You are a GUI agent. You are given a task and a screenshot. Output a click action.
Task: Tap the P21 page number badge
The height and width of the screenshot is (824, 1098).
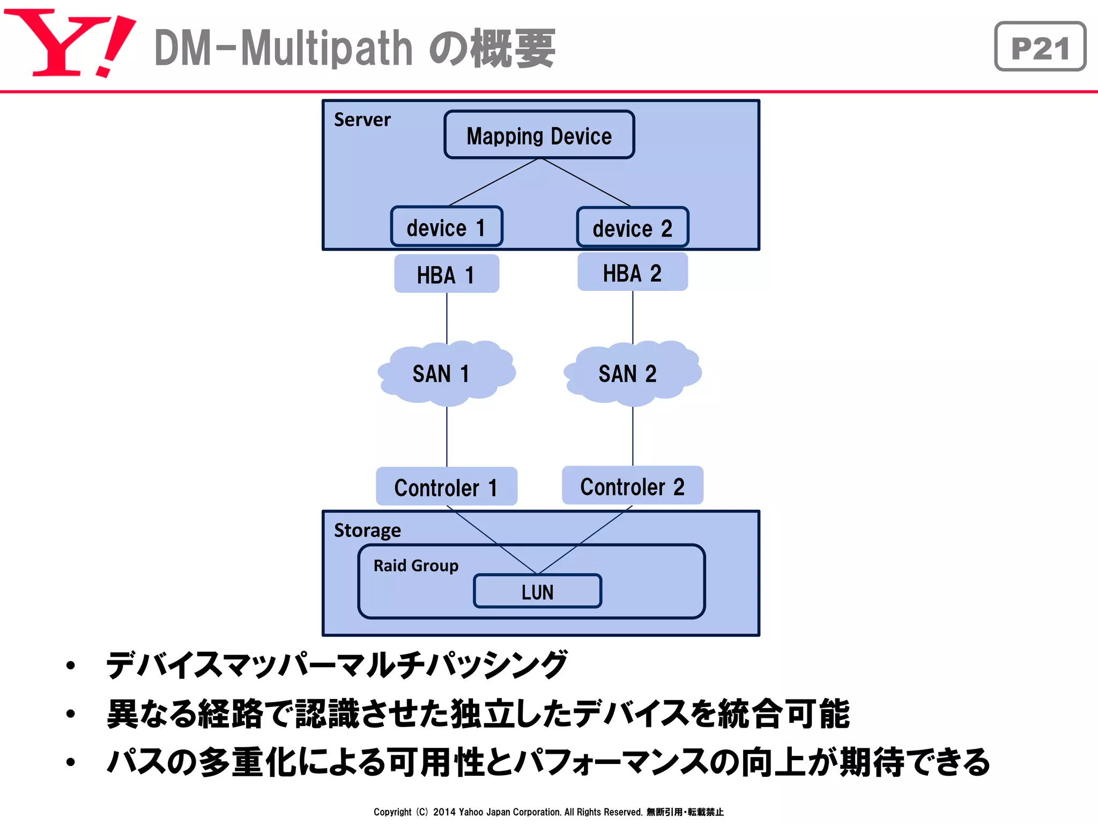click(x=1040, y=47)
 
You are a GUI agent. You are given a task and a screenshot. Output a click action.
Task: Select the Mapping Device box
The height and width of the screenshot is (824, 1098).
click(x=539, y=135)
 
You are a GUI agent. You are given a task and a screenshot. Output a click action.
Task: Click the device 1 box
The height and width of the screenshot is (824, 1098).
click(x=446, y=227)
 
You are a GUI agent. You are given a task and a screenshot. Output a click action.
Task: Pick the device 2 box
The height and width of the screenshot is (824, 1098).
click(x=632, y=228)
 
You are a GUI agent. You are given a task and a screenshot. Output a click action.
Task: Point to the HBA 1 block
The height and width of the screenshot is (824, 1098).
click(x=446, y=274)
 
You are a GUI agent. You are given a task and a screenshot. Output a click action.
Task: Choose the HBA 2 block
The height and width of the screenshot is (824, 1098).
click(x=632, y=273)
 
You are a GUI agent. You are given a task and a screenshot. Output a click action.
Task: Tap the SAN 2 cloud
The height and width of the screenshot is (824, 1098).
click(x=632, y=373)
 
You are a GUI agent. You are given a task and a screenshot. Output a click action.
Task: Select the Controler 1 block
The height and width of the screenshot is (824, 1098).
click(x=446, y=487)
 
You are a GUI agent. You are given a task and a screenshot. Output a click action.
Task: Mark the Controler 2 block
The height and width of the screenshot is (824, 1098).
click(x=632, y=486)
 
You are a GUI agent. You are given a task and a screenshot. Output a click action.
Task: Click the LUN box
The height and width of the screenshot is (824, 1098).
click(x=537, y=591)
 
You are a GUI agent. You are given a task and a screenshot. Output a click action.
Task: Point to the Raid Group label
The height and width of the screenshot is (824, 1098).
click(x=416, y=565)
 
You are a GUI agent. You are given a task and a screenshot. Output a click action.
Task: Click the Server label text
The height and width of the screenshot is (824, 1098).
click(x=362, y=119)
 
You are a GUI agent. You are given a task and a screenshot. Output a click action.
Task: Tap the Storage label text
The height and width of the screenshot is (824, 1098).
click(x=367, y=530)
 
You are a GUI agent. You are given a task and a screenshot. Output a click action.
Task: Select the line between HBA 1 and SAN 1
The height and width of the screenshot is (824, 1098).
click(x=447, y=318)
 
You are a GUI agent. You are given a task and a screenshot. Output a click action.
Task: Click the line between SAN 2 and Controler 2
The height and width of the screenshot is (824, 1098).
click(x=633, y=436)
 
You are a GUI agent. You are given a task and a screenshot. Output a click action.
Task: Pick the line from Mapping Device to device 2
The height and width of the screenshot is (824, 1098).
click(x=586, y=182)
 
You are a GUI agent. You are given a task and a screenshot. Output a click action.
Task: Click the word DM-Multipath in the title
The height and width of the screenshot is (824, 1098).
click(x=283, y=48)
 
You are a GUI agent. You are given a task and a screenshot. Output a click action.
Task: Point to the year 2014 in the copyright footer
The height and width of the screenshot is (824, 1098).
click(x=444, y=812)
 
